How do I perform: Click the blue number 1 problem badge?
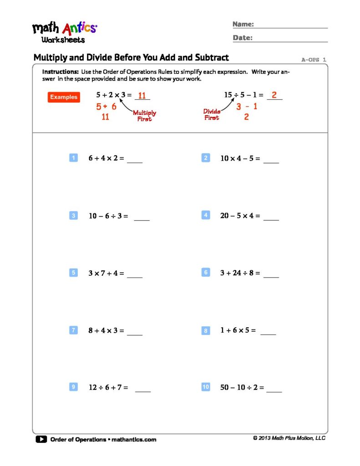click(x=73, y=158)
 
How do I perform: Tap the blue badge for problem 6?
click(x=206, y=272)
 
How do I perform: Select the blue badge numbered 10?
click(x=206, y=387)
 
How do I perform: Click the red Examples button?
click(x=64, y=97)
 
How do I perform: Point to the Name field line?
click(x=292, y=27)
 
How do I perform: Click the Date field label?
click(x=243, y=38)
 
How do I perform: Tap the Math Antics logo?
click(x=64, y=32)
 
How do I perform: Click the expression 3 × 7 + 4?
click(x=106, y=273)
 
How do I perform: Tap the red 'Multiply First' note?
click(x=144, y=116)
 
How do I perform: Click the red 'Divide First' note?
click(x=212, y=114)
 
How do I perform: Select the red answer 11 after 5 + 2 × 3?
click(x=142, y=96)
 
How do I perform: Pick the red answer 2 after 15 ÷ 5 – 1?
click(x=274, y=95)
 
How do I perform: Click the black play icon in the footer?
click(x=41, y=439)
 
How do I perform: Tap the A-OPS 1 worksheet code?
click(x=314, y=60)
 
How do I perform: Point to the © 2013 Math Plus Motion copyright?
click(x=289, y=438)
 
